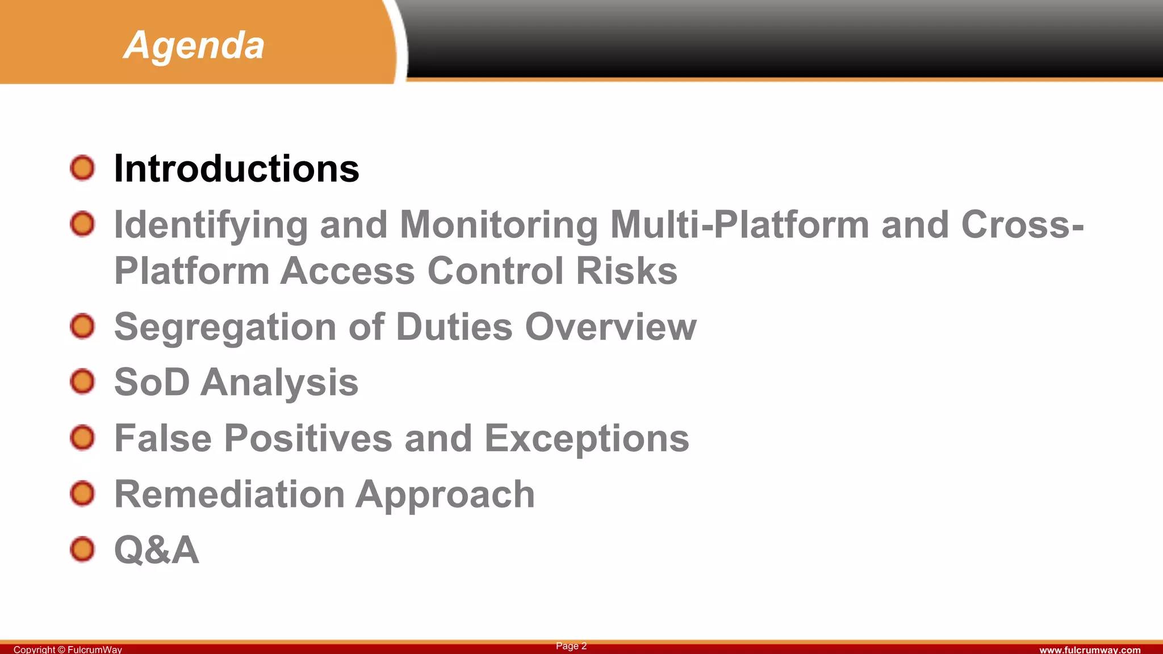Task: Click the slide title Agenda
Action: tap(194, 45)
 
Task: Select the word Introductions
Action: tap(236, 169)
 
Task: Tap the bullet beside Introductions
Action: tap(82, 168)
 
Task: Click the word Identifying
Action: tap(211, 225)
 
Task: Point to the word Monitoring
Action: tap(499, 225)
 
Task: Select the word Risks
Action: tap(626, 271)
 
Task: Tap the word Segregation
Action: tap(225, 328)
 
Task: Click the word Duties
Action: tap(454, 327)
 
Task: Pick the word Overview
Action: tap(610, 327)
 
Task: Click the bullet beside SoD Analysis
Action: tap(82, 381)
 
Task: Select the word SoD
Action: tap(152, 382)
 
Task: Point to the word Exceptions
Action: tap(587, 439)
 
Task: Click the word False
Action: tap(163, 438)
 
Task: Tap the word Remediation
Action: tap(229, 494)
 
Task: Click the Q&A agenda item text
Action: tap(157, 550)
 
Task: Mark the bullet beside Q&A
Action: tap(82, 550)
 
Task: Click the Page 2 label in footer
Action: tap(571, 646)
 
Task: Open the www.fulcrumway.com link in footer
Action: tap(1090, 649)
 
